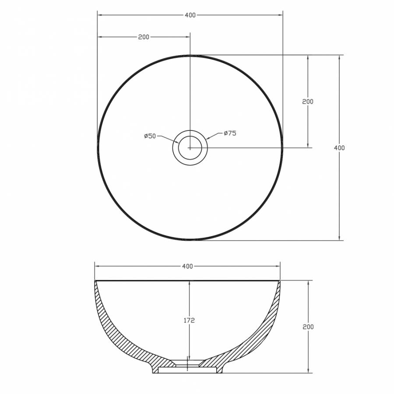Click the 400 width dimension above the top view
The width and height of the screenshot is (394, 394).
point(190,15)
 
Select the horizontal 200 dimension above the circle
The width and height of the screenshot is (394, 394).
point(144,37)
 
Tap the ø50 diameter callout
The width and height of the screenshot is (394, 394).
point(150,136)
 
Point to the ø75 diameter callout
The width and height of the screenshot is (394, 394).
point(230,133)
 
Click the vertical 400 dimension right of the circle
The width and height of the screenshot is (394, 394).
point(339,148)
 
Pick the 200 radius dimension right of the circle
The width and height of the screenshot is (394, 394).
point(308,102)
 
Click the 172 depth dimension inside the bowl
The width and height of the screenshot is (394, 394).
point(189,320)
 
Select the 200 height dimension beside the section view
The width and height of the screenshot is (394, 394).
point(308,327)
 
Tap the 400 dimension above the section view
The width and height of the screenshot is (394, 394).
point(187,266)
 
